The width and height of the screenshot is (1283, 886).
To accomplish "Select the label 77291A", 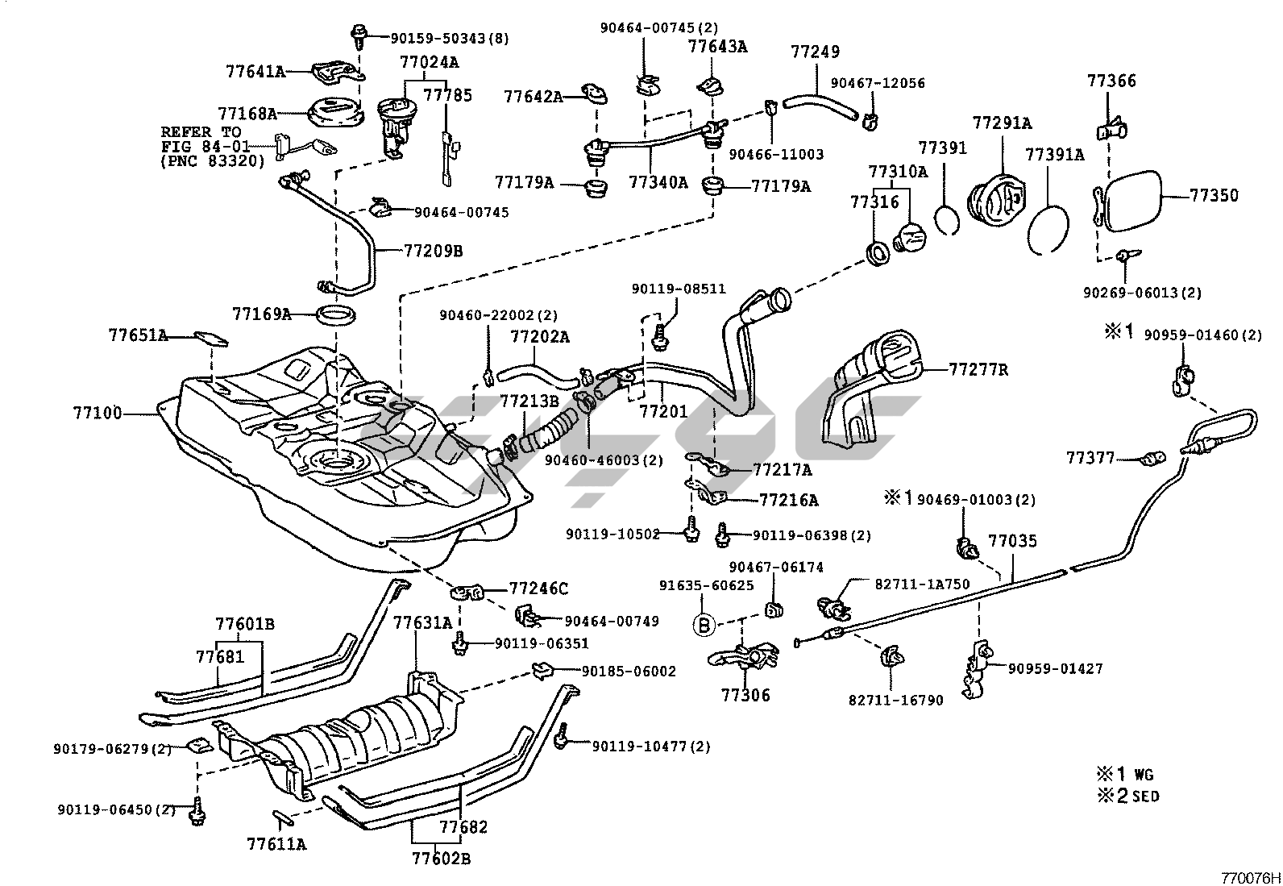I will (1002, 123).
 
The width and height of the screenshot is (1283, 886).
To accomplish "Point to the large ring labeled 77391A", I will (1049, 228).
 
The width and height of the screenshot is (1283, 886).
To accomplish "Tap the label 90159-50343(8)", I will (450, 37).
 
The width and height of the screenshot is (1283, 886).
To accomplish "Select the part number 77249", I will (815, 52).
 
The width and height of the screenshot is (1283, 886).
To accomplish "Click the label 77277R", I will (978, 370).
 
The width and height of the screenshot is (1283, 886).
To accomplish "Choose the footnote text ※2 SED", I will (1127, 796).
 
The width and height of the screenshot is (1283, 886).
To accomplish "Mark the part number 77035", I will (1013, 541).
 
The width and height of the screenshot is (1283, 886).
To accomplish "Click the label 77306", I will (745, 694).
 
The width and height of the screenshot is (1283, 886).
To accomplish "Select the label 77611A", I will (276, 844).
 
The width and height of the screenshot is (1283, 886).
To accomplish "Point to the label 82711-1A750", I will (922, 584).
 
